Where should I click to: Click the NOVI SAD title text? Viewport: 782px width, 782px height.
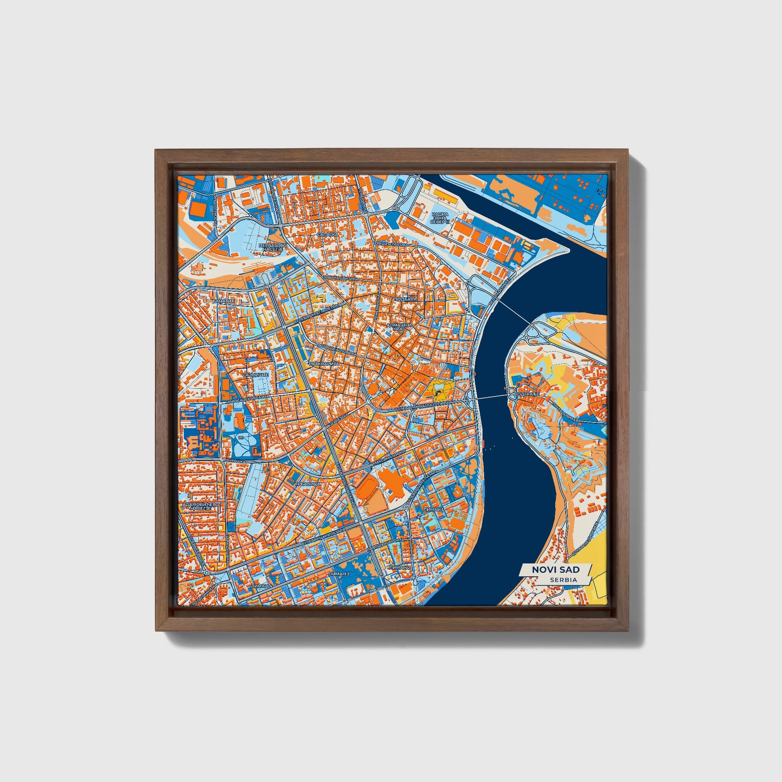555,569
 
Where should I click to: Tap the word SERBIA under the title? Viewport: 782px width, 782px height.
563,579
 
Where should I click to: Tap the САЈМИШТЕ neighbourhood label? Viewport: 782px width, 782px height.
256,375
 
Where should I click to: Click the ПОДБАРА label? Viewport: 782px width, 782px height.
404,299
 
